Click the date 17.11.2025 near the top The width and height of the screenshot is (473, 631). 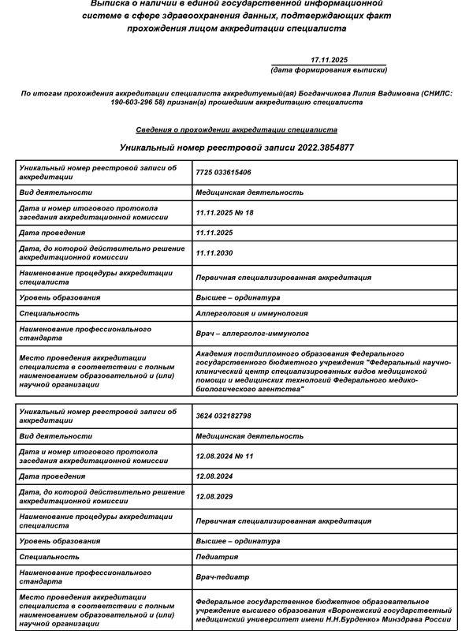(x=330, y=60)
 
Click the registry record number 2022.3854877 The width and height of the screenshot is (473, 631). (x=315, y=147)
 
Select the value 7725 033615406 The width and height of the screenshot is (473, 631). (x=223, y=172)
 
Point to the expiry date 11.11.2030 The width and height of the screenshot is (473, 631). (x=214, y=253)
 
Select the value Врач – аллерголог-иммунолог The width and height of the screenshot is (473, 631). (x=252, y=334)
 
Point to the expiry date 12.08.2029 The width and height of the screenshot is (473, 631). (x=214, y=497)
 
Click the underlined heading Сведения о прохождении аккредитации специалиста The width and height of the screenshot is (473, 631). (x=236, y=129)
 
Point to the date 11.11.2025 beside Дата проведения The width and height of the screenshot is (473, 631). (x=214, y=233)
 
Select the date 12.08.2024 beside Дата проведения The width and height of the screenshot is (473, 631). (x=214, y=476)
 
